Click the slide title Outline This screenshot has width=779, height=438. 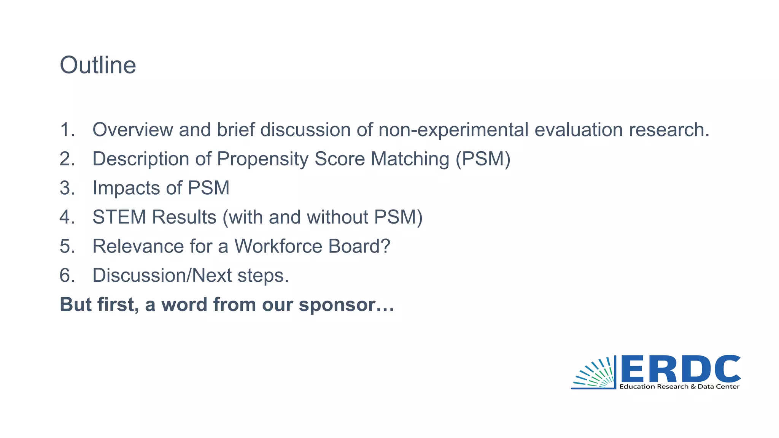click(98, 65)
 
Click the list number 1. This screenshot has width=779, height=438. click(67, 130)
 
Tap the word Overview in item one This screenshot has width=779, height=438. click(133, 130)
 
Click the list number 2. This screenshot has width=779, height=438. click(67, 159)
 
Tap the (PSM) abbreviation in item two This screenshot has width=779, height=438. click(483, 159)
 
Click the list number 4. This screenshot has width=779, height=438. click(67, 217)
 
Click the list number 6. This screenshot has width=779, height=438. click(67, 276)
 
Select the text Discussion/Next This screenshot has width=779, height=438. click(162, 276)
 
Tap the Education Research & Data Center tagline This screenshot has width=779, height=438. click(679, 387)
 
